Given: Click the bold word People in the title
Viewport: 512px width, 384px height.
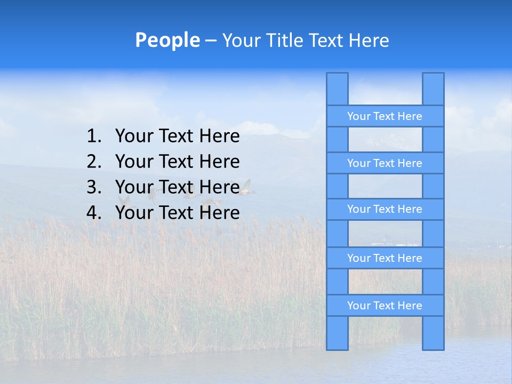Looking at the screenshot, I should tap(167, 41).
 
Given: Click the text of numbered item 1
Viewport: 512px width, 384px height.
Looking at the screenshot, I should tap(177, 137).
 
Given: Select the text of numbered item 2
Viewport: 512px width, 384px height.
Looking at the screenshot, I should tap(177, 162).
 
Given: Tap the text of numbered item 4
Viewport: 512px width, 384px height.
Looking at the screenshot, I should tap(177, 213).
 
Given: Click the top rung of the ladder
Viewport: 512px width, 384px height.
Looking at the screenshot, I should tap(385, 116).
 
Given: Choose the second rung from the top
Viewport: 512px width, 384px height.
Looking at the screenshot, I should tap(385, 163).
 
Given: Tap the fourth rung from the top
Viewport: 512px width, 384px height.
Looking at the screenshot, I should tap(385, 258).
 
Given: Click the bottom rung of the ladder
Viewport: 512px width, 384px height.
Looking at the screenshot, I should tap(385, 306).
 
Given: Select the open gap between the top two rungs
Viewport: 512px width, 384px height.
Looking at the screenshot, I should tap(385, 140).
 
